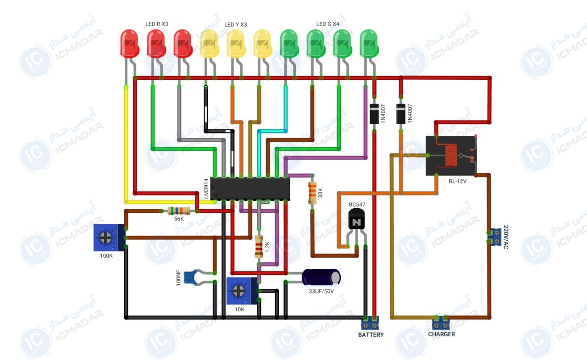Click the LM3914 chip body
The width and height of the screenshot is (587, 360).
coord(250,188)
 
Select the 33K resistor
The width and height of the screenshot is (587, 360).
coord(312,193)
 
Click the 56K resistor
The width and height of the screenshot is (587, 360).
coord(179,210)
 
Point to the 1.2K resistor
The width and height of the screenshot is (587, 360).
coord(259,247)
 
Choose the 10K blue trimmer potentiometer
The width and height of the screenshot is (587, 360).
coord(242,291)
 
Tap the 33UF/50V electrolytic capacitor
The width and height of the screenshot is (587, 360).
coord(321,277)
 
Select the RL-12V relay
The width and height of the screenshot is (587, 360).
coord(451,155)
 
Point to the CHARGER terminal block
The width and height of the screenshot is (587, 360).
coord(441,323)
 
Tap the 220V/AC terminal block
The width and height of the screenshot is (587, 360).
coord(494,237)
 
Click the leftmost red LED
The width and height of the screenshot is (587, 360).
coord(129,44)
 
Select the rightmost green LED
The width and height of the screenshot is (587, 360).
coord(369,44)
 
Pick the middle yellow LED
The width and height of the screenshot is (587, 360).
coord(236,44)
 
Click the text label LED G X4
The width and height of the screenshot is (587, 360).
coord(327,24)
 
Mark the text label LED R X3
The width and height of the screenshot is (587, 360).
coord(157,24)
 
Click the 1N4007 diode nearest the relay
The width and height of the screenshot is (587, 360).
coord(401,114)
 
